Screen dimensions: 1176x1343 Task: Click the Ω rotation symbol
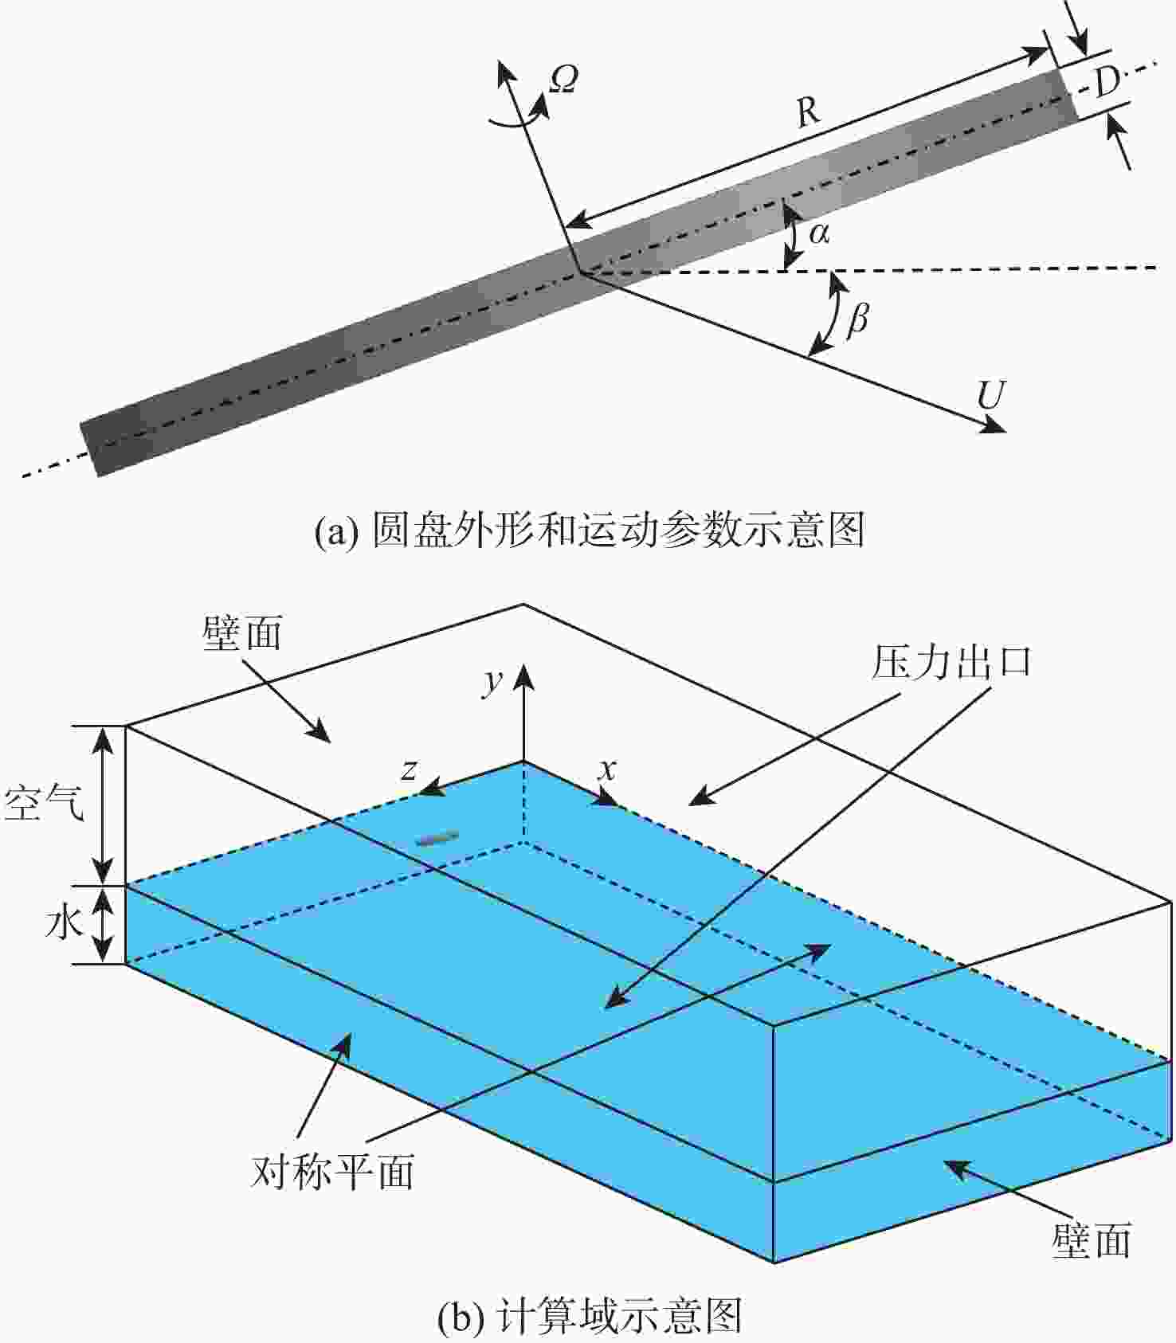tap(564, 79)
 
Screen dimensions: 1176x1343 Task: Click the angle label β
tap(857, 319)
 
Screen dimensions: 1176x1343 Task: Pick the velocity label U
tap(991, 394)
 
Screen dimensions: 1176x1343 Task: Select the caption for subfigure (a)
tap(590, 530)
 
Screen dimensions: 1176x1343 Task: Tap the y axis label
tap(494, 681)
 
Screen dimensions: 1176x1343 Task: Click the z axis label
tap(410, 769)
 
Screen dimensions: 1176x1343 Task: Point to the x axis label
tap(608, 769)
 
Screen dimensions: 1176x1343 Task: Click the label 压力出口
tap(951, 662)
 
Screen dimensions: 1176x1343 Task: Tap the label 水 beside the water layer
tap(65, 923)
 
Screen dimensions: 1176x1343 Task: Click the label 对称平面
tap(333, 1172)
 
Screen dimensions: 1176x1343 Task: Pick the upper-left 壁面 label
tap(242, 634)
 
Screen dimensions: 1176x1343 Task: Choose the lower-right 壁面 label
tap(1092, 1240)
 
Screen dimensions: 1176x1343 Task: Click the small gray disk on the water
tap(437, 837)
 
